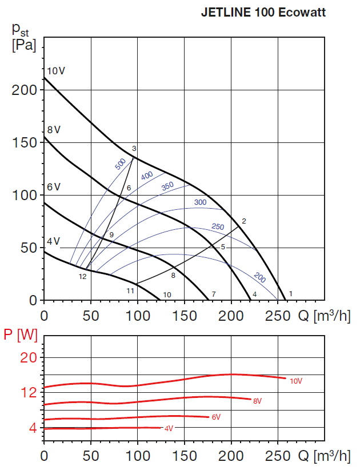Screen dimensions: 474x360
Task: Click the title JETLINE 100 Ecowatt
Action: [x=263, y=13]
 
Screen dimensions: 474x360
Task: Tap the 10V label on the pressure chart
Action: [x=56, y=71]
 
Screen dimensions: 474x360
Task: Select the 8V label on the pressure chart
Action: [x=54, y=130]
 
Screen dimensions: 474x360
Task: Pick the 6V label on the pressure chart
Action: [x=54, y=187]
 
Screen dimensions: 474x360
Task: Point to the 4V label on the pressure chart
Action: [x=53, y=241]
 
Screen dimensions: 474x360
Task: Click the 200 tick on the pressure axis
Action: [x=23, y=90]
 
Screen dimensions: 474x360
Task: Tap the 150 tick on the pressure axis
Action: [x=23, y=142]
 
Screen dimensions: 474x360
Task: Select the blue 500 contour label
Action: [x=120, y=164]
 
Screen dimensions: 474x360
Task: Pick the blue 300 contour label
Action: [x=200, y=202]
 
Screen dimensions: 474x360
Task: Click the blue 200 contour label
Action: [x=260, y=278]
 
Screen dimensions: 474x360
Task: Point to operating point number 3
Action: [x=134, y=149]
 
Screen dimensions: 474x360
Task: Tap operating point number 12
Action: [x=82, y=277]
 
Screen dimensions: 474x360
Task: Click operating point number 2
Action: [x=243, y=221]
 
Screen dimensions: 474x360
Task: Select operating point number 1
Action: [x=291, y=294]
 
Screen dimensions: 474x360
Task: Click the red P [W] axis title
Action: [x=19, y=336]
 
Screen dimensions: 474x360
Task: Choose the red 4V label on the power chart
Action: [x=169, y=428]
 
